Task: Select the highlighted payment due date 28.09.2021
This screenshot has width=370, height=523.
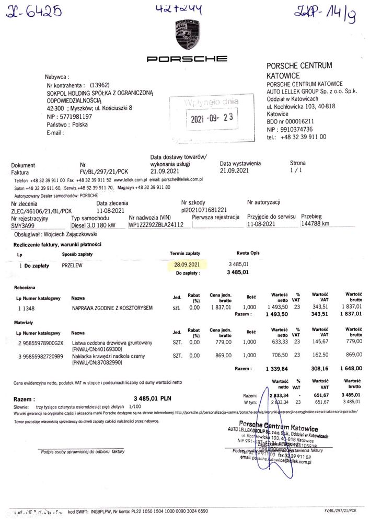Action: (x=188, y=265)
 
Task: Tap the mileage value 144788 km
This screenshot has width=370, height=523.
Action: (x=315, y=224)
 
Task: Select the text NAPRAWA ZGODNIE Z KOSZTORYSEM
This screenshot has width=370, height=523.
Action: (x=112, y=308)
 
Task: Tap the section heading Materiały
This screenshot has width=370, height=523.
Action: (x=24, y=322)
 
